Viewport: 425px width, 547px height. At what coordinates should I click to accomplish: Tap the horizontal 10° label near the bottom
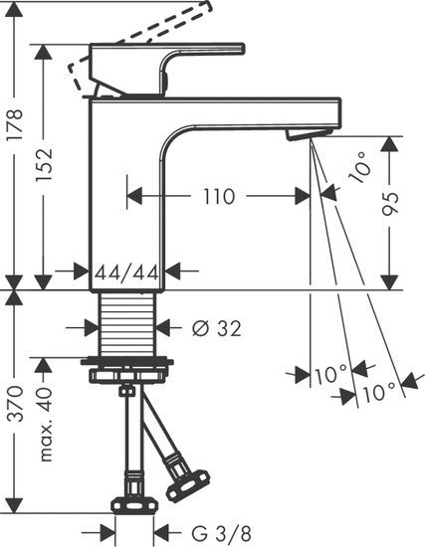coord(327,375)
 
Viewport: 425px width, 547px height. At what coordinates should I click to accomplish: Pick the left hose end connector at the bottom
coord(128,502)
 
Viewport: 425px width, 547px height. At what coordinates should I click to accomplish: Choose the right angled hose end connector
coord(184,488)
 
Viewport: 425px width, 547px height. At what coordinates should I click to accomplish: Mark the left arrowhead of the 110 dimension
coord(135,196)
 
